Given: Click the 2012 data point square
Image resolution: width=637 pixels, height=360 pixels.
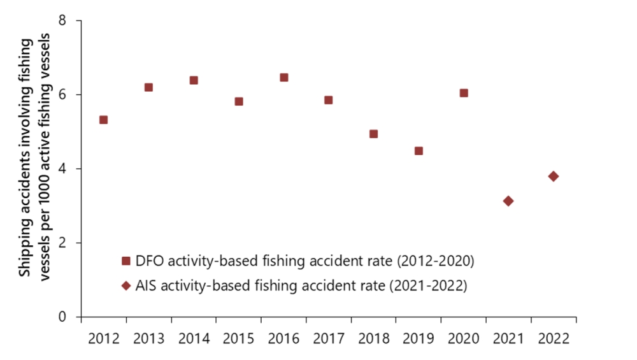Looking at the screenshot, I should pos(103,120).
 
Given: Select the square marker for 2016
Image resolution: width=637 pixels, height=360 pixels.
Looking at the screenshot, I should pos(284,78).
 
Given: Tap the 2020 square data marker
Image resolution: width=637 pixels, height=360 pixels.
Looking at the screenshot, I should pos(464,93).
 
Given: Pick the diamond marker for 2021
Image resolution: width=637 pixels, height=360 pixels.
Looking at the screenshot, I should pos(508,201).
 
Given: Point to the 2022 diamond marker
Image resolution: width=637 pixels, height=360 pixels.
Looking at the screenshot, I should pos(553,176).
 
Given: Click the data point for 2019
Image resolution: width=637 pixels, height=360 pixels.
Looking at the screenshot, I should pos(419,151).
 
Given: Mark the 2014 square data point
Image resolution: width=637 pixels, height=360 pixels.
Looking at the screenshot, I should pos(194,80).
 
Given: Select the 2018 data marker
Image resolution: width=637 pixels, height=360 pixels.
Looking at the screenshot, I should pos(374,134).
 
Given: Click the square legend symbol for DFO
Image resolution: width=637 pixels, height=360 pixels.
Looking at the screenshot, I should pos(125,261).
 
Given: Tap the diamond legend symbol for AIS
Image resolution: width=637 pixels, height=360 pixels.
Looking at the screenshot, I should pos(125,285).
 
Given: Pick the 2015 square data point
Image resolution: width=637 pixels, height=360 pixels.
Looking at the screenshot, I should pos(239,101).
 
